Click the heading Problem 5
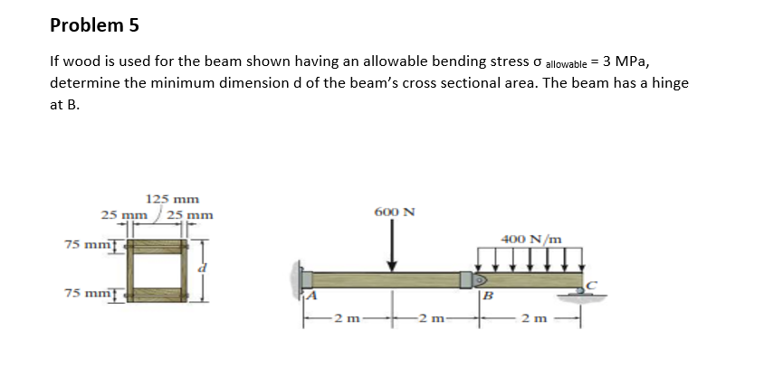tap(94, 25)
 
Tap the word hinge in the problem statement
tap(668, 82)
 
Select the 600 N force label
tap(394, 212)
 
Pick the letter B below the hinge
tap(486, 296)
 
